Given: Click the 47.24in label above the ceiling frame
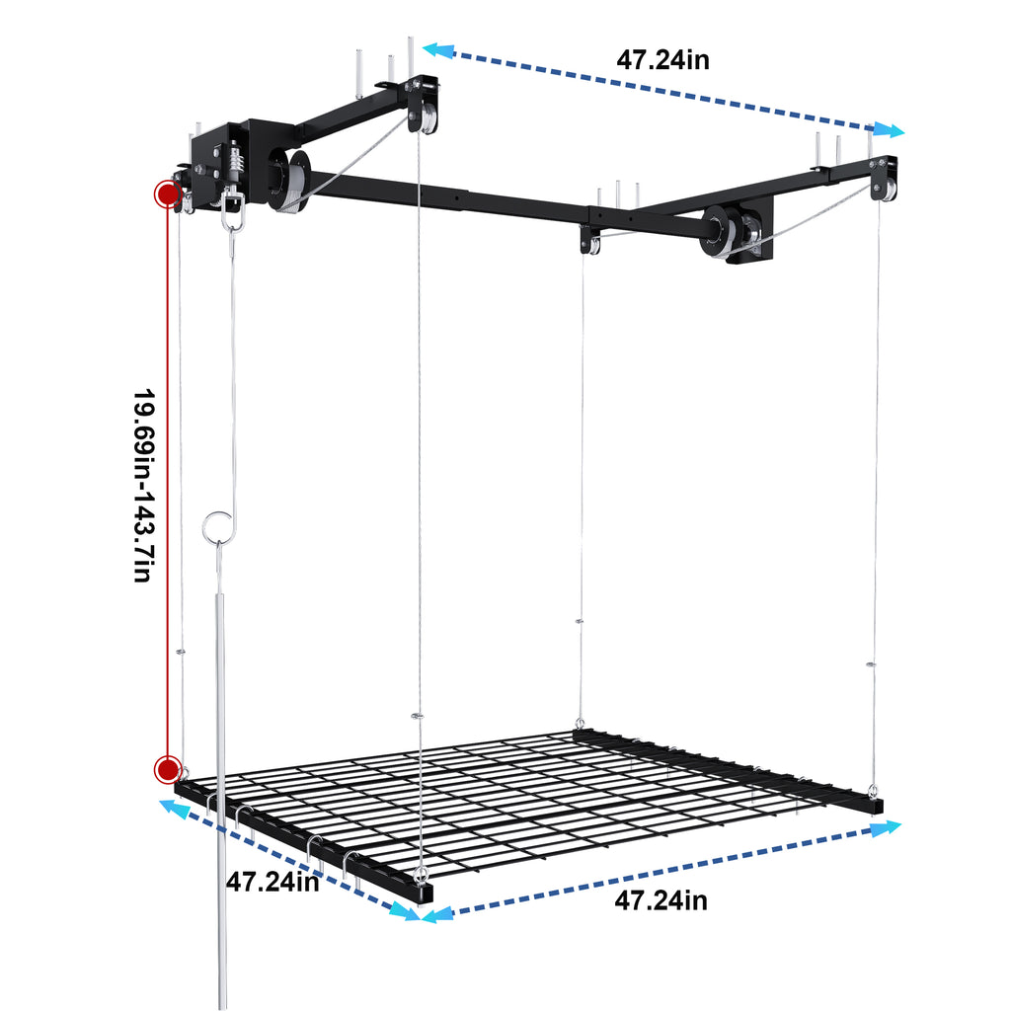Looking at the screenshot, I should pos(662,60).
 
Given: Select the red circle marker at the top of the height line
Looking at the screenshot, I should pos(166,194).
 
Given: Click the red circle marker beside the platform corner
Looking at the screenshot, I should pos(167,768).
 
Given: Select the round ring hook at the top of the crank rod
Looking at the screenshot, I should pos(216,525).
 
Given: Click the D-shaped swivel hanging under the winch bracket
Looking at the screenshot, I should pos(233,205).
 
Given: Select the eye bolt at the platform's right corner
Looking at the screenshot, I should pos(873,788).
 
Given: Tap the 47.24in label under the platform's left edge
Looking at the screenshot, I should pos(272,882).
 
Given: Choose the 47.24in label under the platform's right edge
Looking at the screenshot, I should pos(661,900).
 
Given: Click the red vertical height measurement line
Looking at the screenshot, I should pos(167,474).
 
